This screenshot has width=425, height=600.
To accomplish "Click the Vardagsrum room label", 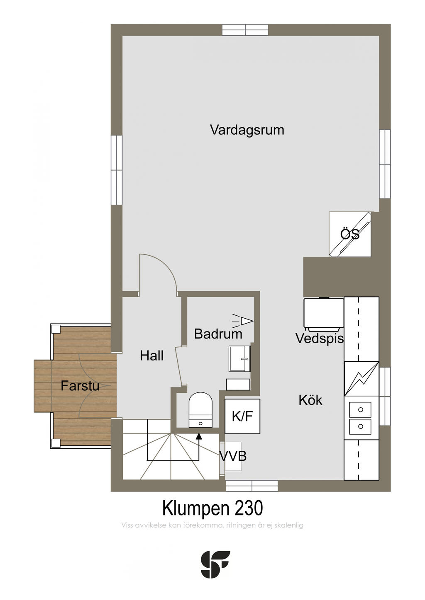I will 247,130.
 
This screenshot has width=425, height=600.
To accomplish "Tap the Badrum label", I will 218,334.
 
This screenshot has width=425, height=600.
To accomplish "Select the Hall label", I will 151,356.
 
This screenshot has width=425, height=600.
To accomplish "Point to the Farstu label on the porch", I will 80,386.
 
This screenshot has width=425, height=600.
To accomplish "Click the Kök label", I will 310,400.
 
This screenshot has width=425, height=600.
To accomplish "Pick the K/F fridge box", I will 242,416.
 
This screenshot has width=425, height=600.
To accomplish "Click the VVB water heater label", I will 233,456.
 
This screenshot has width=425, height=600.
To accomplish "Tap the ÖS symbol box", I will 350,234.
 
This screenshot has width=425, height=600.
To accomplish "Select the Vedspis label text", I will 320,339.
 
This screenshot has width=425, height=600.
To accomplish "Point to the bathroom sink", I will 239,358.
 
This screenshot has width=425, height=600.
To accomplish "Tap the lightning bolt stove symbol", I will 361,378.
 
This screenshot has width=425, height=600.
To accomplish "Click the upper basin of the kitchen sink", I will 361,410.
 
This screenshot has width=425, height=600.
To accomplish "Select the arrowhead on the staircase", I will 199,436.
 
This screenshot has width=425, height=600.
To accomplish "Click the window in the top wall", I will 245,30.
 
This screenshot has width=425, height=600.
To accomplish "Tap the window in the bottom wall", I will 252,486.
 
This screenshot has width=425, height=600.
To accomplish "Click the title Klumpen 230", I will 212,508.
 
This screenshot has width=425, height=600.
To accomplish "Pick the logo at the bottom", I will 215,564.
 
